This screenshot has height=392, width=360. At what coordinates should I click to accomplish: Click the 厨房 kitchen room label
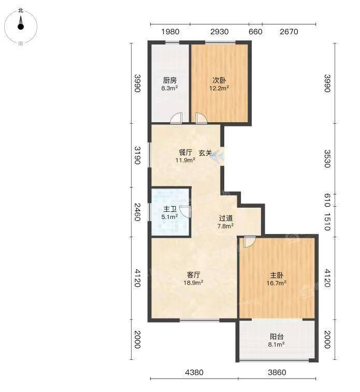point(170,80)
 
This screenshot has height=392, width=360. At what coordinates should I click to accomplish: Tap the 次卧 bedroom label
point(219,80)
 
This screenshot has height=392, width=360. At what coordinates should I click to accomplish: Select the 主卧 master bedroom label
point(277,275)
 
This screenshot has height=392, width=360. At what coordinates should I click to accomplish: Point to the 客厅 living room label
point(194,275)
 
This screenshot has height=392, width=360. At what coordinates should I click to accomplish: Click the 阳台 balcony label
point(277,337)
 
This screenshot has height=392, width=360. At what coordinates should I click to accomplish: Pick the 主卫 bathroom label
point(170,209)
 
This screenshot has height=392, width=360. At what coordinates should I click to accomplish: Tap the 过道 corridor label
point(226,218)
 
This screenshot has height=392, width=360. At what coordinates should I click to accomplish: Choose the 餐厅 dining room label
point(185,152)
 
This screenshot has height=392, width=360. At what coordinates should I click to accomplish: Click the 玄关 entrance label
point(206,153)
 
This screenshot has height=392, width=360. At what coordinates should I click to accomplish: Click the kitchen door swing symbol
point(176,118)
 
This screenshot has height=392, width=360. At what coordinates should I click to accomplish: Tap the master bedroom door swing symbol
point(250,242)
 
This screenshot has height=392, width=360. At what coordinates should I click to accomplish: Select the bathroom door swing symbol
point(185,211)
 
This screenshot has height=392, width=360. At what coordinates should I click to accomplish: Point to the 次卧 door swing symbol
point(201,118)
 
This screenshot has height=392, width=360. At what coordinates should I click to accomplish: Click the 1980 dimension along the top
point(170,32)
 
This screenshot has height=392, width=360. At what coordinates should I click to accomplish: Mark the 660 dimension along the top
point(255,32)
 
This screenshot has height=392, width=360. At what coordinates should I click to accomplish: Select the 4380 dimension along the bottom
point(194,372)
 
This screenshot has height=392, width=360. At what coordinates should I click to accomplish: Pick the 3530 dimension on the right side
point(327,159)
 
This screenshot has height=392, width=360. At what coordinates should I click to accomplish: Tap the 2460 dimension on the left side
point(137,212)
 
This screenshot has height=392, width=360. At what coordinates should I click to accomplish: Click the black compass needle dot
point(21,26)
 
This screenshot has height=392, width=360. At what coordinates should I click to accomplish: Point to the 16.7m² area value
point(276,283)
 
